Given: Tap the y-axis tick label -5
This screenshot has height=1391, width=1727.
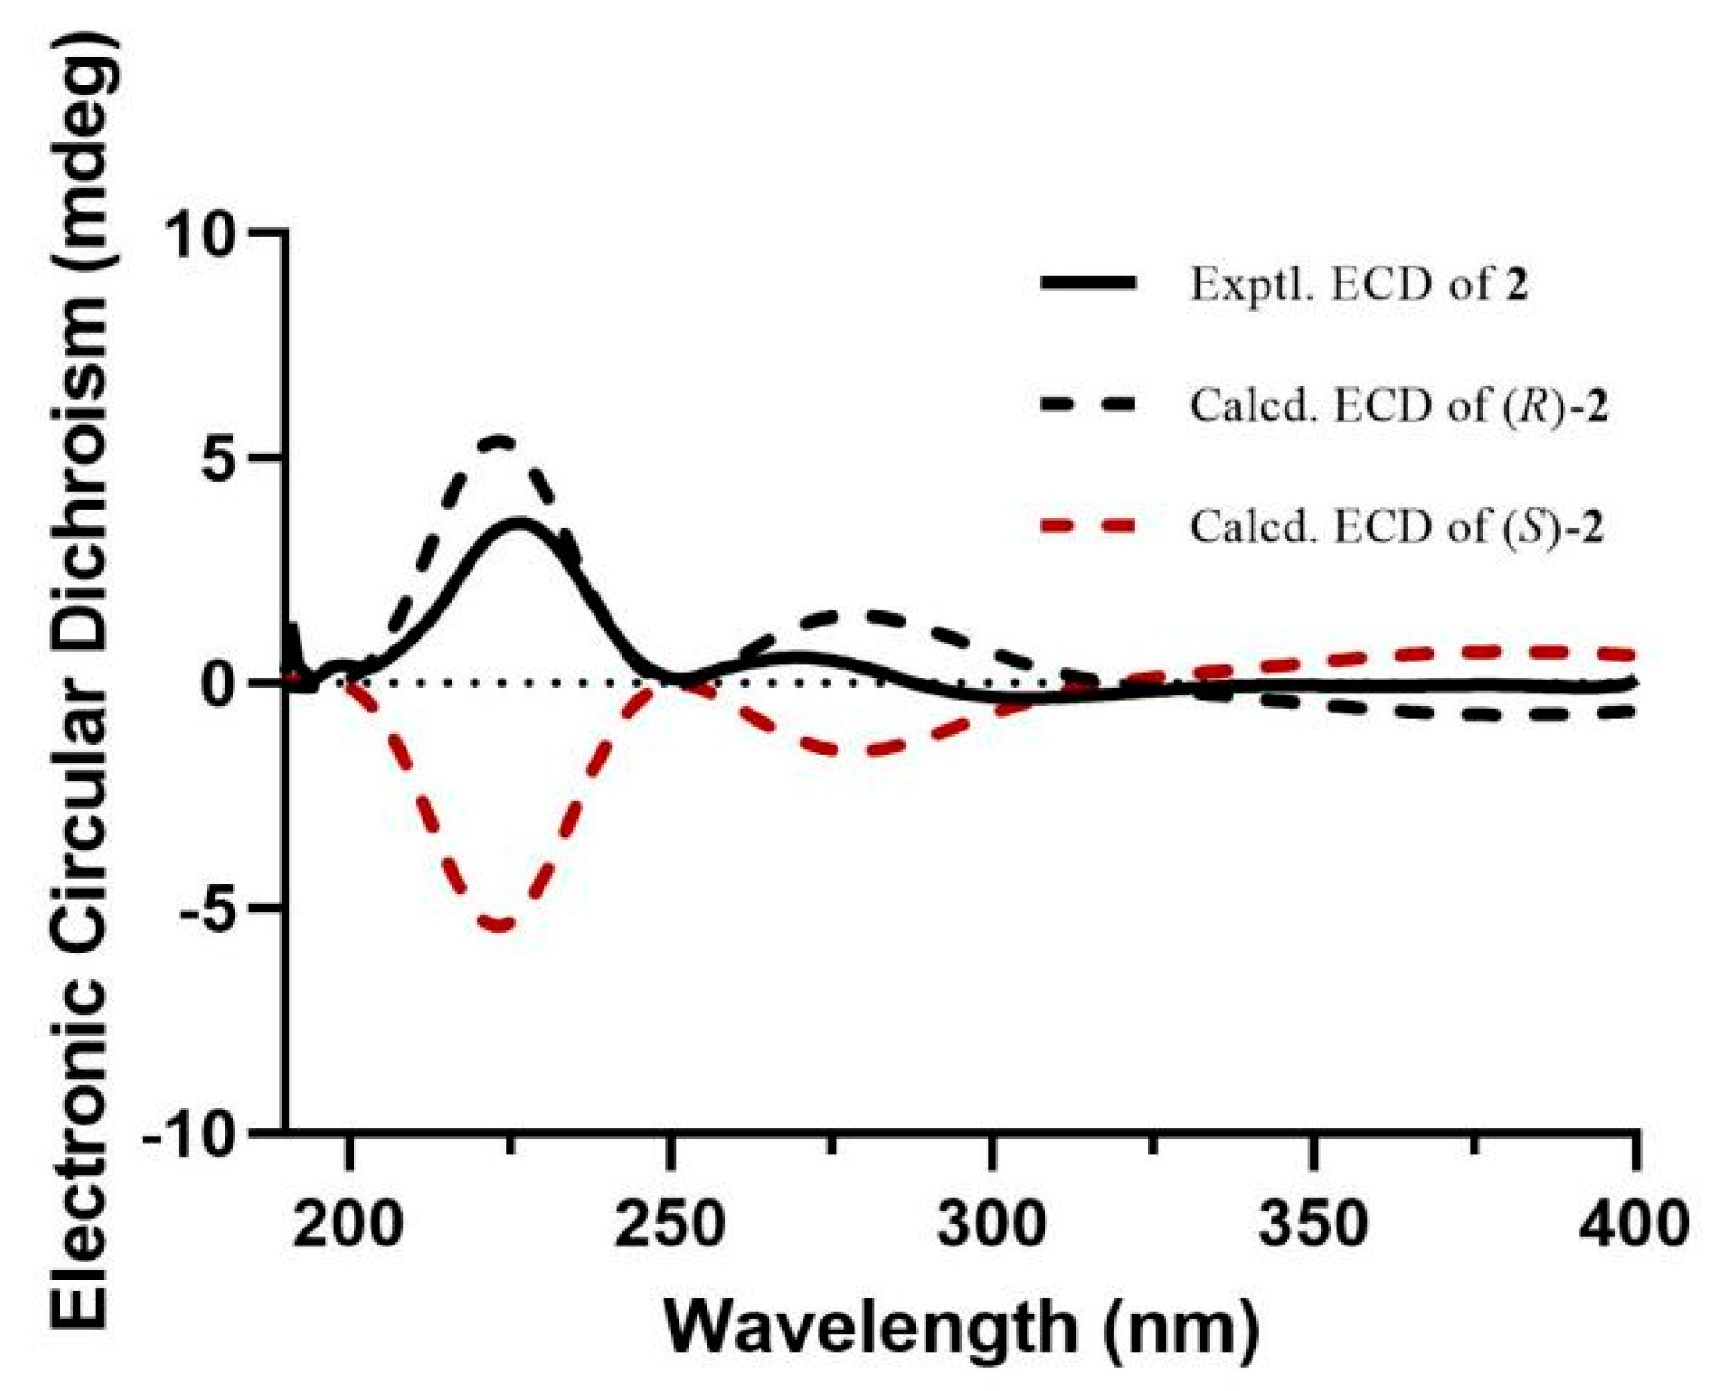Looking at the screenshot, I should pyautogui.click(x=205, y=907).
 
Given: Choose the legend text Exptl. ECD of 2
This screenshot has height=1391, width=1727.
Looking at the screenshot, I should pyautogui.click(x=1358, y=283).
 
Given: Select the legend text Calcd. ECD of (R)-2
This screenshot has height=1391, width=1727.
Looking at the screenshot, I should pyautogui.click(x=1398, y=405).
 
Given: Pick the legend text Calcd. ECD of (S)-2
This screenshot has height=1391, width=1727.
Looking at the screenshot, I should pyautogui.click(x=1396, y=526).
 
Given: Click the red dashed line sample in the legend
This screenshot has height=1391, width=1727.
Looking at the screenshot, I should pyautogui.click(x=1088, y=526).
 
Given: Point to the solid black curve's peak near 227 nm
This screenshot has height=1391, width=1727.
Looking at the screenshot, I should pyautogui.click(x=518, y=522).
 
